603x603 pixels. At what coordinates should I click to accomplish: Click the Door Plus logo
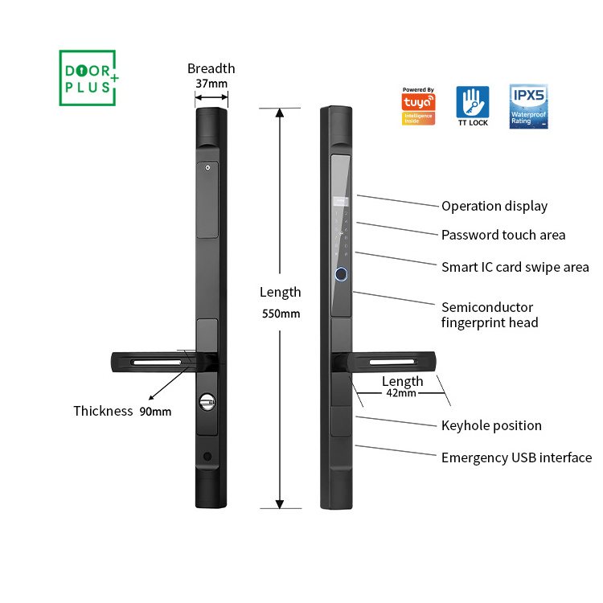pyautogui.click(x=88, y=78)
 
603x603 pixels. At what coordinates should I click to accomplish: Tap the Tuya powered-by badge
pyautogui.click(x=418, y=106)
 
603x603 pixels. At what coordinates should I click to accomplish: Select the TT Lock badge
pyautogui.click(x=473, y=106)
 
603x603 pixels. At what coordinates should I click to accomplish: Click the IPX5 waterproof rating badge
pyautogui.click(x=528, y=106)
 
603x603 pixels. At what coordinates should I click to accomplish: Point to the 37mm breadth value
pyautogui.click(x=211, y=84)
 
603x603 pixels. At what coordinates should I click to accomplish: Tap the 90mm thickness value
pyautogui.click(x=155, y=412)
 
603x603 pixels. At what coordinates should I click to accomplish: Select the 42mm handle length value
pyautogui.click(x=402, y=394)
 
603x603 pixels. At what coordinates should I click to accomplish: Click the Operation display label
pyautogui.click(x=494, y=206)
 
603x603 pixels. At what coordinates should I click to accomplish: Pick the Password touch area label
pyautogui.click(x=503, y=235)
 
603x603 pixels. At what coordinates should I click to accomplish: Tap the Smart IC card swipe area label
pyautogui.click(x=515, y=267)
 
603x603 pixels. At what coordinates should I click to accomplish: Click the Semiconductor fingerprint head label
pyautogui.click(x=490, y=314)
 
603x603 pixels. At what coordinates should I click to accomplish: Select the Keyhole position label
pyautogui.click(x=491, y=425)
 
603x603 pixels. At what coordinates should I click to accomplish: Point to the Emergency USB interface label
pyautogui.click(x=516, y=457)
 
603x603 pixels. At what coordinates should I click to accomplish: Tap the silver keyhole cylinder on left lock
pyautogui.click(x=207, y=400)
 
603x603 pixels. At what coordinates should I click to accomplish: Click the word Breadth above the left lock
pyautogui.click(x=211, y=68)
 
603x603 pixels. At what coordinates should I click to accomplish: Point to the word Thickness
pyautogui.click(x=103, y=412)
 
